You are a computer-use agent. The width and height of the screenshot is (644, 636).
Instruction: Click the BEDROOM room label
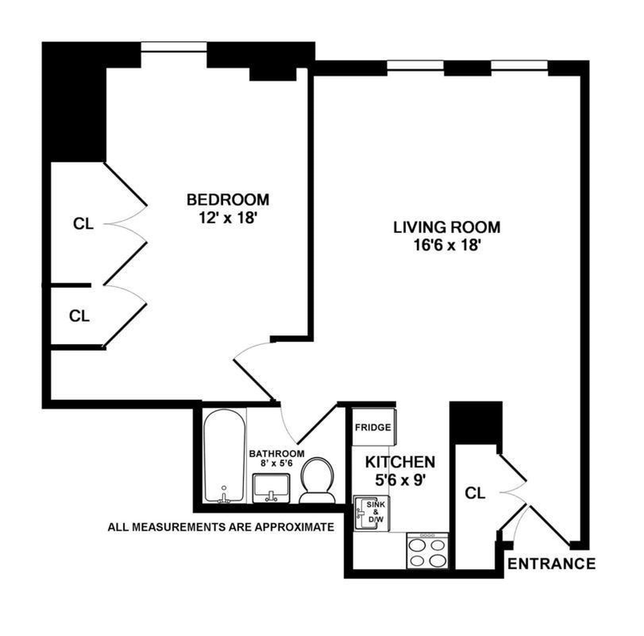pyautogui.click(x=228, y=200)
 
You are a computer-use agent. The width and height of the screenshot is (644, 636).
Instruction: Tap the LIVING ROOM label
pyautogui.click(x=447, y=227)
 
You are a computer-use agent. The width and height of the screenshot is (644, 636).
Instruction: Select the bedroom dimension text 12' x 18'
pyautogui.click(x=228, y=218)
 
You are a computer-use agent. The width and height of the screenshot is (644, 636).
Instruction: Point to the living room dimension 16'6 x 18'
pyautogui.click(x=447, y=246)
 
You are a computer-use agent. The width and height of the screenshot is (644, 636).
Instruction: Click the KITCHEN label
pyautogui.click(x=400, y=462)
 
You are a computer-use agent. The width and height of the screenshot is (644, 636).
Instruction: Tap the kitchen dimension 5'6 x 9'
pyautogui.click(x=400, y=480)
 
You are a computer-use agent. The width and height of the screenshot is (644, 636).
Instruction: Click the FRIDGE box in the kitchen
pyautogui.click(x=374, y=427)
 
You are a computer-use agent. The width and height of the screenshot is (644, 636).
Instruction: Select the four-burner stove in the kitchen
pyautogui.click(x=427, y=551)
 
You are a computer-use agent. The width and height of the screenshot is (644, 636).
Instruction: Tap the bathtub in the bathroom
pyautogui.click(x=225, y=455)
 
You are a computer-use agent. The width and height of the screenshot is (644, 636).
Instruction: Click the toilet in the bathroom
pyautogui.click(x=316, y=480)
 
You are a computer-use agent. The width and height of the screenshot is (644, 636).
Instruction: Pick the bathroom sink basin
pyautogui.click(x=271, y=488)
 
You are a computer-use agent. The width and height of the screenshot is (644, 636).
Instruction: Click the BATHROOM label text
pyautogui.click(x=277, y=454)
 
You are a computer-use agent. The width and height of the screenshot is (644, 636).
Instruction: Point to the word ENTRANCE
pyautogui.click(x=551, y=563)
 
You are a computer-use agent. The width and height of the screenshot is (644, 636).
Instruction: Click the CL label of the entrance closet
pyautogui.click(x=475, y=493)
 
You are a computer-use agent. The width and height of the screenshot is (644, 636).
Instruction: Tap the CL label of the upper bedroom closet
pyautogui.click(x=84, y=224)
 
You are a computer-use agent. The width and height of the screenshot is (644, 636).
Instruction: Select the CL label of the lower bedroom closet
pyautogui.click(x=79, y=316)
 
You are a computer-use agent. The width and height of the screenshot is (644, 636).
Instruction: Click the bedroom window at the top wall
pyautogui.click(x=174, y=47)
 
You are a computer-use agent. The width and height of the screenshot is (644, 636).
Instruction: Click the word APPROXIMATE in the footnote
pyautogui.click(x=294, y=527)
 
